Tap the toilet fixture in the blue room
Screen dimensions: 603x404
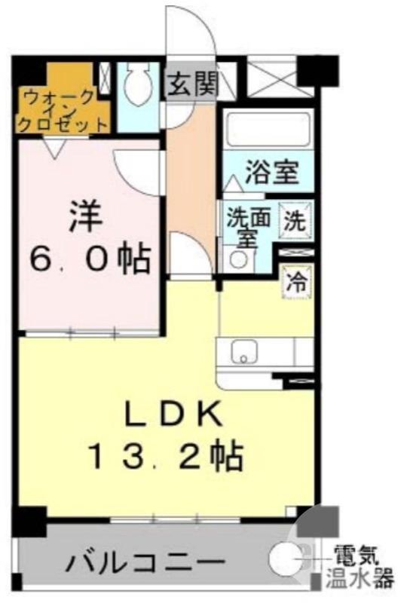click(138, 84)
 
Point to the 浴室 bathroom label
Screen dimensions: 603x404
click(272, 173)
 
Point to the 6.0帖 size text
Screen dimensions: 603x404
click(90, 261)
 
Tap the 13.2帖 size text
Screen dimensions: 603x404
click(165, 455)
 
